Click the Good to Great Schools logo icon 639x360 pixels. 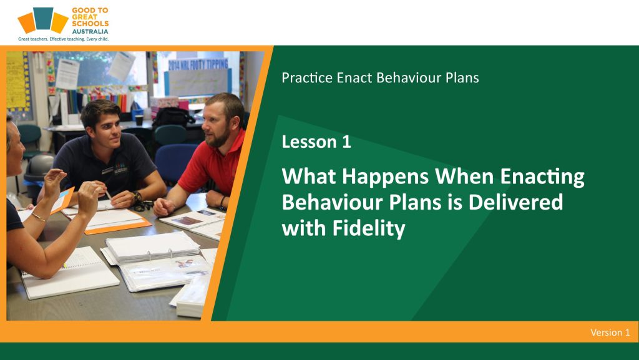[x=43, y=20]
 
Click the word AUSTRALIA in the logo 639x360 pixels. [x=90, y=31]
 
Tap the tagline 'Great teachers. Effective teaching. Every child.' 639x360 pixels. [x=64, y=39]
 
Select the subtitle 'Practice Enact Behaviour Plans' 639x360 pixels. [x=380, y=78]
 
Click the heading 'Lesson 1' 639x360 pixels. [x=316, y=142]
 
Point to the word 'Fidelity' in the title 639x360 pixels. [x=369, y=228]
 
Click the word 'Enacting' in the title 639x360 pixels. [x=542, y=177]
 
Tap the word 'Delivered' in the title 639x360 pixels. [x=515, y=202]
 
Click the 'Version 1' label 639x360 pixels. [x=610, y=333]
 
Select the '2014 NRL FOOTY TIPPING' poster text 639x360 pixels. [x=198, y=64]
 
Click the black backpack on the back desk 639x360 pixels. [x=173, y=117]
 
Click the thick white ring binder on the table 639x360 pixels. [x=152, y=247]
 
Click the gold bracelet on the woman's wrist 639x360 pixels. [x=39, y=217]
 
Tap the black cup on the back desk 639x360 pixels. [x=139, y=120]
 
